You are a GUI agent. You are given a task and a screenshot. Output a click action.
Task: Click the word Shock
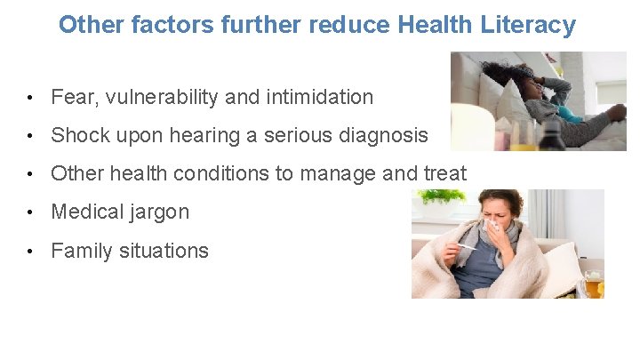(76, 135)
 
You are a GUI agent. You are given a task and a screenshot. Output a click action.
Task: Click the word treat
(444, 173)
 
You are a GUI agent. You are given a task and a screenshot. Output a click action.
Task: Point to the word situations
(164, 251)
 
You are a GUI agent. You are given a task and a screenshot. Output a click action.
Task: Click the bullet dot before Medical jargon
(31, 212)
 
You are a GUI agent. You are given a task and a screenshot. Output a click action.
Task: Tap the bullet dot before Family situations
(31, 252)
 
